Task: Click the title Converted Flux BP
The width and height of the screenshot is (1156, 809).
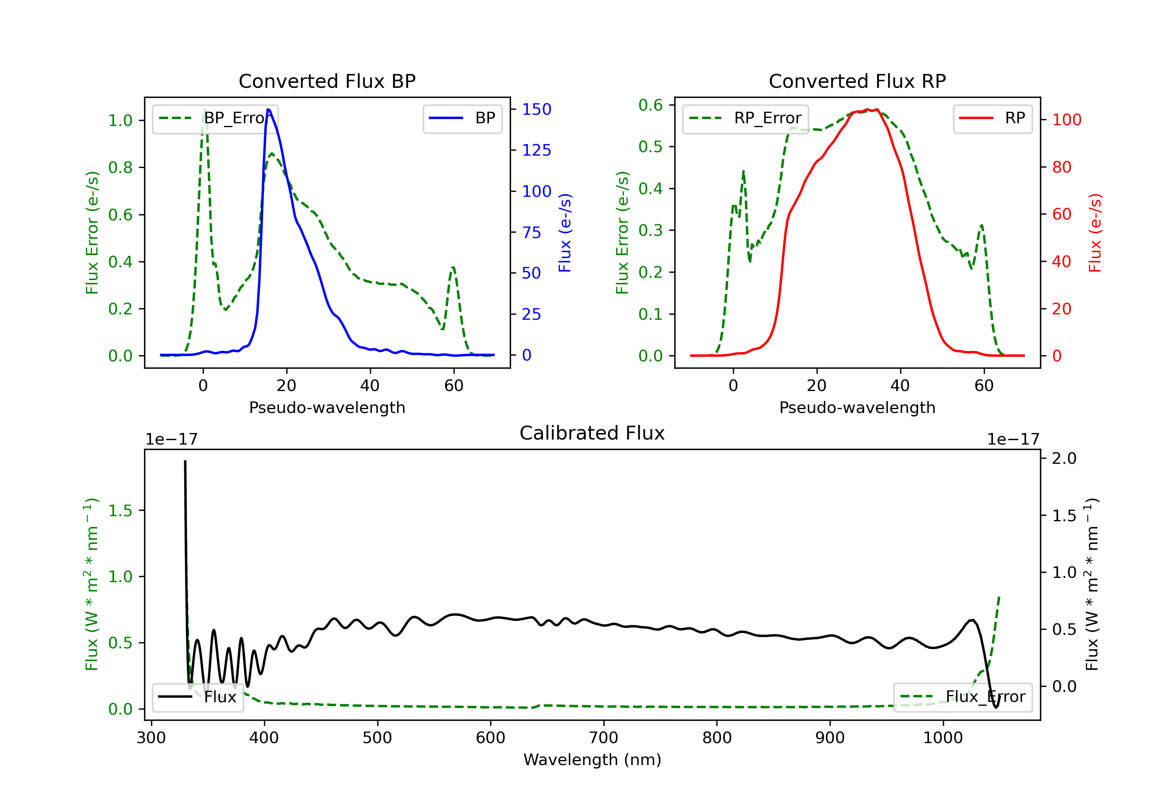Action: tap(327, 81)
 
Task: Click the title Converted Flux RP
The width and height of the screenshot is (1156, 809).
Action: tap(857, 81)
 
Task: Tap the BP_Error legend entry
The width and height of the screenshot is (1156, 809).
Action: tap(215, 118)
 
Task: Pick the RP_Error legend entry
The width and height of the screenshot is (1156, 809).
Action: tap(746, 118)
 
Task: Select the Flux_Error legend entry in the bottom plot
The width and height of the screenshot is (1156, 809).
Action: tap(963, 697)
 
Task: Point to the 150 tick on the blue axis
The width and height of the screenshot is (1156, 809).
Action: tap(536, 109)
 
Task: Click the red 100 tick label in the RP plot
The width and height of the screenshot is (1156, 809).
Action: tap(1066, 120)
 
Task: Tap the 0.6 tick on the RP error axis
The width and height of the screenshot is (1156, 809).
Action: tap(650, 105)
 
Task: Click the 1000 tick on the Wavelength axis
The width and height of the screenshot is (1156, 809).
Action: tap(943, 738)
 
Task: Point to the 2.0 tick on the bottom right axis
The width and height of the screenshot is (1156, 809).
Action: tap(1064, 458)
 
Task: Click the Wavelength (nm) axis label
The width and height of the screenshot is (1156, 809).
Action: tap(592, 760)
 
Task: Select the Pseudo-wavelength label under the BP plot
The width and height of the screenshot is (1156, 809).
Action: tap(327, 407)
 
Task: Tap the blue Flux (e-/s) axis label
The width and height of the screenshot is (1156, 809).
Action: tap(565, 233)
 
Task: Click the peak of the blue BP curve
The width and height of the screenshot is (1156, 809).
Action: tap(268, 109)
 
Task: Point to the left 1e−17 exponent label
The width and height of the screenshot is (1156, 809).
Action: tap(171, 440)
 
